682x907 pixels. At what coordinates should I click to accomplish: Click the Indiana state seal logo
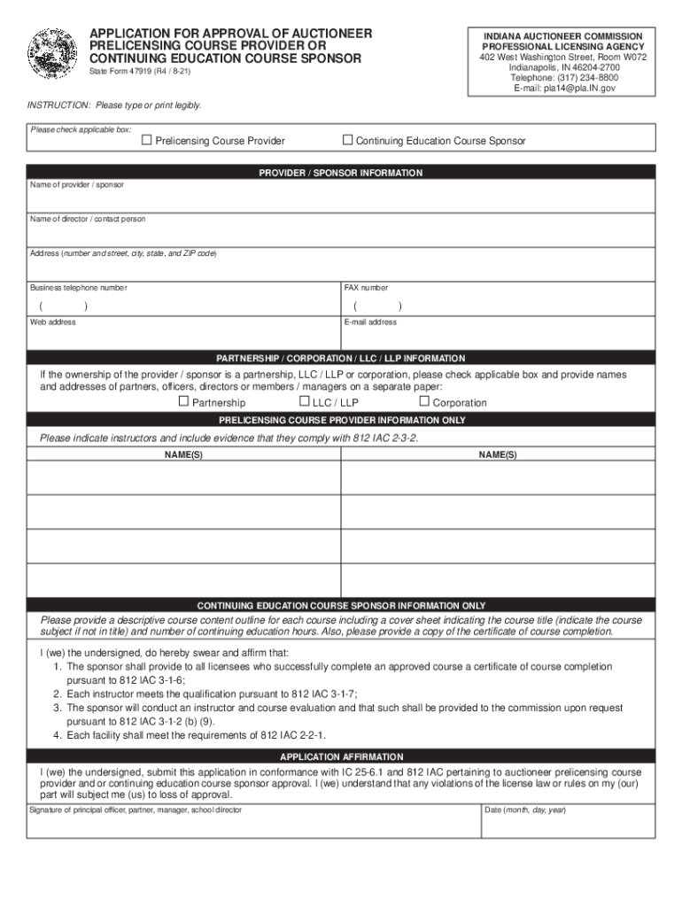pos(53,55)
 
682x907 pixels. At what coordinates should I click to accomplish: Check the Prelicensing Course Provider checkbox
pos(147,140)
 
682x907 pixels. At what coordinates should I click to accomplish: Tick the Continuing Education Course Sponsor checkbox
pos(348,140)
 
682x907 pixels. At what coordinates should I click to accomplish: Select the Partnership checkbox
pos(183,401)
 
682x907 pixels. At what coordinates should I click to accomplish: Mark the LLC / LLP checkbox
pos(304,401)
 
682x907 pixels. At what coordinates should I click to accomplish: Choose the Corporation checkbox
pos(423,401)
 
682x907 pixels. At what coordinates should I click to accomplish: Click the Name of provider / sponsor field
pos(341,200)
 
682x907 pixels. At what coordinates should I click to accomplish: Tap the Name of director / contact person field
pos(341,235)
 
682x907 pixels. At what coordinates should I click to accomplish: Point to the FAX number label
pos(366,288)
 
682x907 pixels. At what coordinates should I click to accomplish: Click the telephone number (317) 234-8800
pos(557,77)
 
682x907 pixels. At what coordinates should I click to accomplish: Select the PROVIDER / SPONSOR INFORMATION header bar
pos(341,173)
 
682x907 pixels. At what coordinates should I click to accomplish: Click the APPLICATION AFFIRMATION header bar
pos(341,757)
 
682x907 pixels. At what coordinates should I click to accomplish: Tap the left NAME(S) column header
pos(183,454)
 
